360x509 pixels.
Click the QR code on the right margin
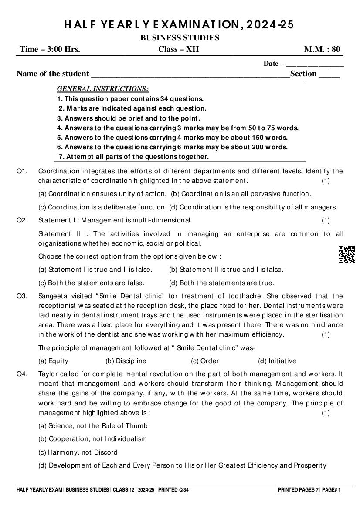point(346,254)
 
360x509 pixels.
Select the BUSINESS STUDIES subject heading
point(180,38)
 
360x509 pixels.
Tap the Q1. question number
point(22,171)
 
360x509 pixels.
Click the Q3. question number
point(22,296)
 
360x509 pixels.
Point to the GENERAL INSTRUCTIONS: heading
point(103,89)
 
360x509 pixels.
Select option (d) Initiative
point(277,361)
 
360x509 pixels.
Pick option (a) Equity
point(53,361)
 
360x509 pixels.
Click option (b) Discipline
point(126,361)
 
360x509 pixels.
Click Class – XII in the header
point(178,49)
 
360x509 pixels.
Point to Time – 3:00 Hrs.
point(50,49)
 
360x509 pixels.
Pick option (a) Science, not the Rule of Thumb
point(93,426)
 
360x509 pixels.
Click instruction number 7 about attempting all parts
point(134,157)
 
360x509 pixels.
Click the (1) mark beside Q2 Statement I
point(326,220)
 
